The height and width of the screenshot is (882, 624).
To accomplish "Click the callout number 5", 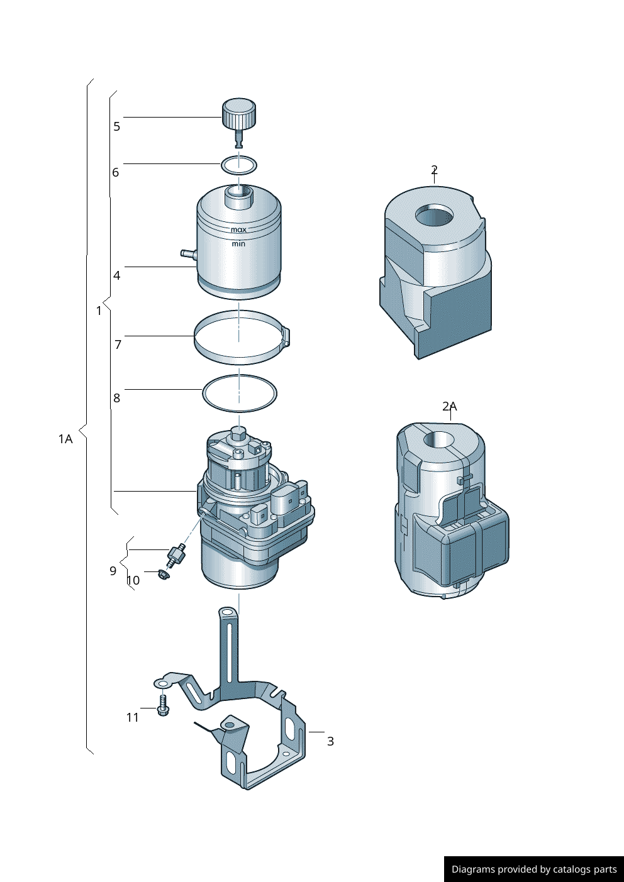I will (116, 126).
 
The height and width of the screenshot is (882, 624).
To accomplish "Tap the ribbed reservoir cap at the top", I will (239, 113).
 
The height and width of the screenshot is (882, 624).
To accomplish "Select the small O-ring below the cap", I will (239, 165).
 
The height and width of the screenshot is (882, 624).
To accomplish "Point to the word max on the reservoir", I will (238, 230).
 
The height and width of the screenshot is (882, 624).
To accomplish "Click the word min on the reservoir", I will (238, 244).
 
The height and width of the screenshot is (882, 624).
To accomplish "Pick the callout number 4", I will (116, 275).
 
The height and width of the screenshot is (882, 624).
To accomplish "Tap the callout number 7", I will (118, 345).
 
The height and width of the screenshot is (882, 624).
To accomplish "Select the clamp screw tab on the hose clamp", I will (286, 336).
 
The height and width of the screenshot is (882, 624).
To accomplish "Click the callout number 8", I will (116, 398).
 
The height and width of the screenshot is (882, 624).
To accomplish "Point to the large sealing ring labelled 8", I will (239, 394).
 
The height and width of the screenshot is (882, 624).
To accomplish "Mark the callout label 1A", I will (65, 439).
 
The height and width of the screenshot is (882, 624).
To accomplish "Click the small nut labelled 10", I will (163, 575).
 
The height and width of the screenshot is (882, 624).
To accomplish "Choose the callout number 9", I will (113, 571).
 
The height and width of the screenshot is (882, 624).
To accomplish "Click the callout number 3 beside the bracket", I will (330, 741).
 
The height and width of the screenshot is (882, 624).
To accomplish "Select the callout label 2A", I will (449, 406).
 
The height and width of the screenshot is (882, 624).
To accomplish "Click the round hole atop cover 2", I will (435, 216).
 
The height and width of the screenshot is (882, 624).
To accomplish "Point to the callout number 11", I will (132, 717).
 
